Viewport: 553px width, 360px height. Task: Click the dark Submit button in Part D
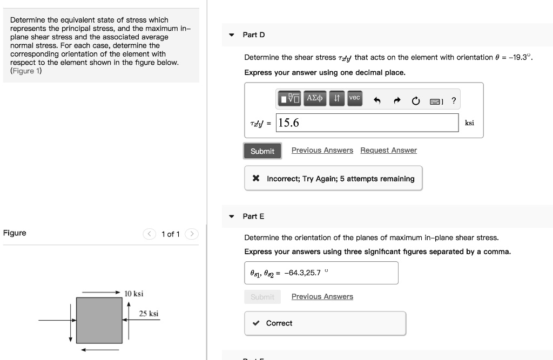click(x=262, y=151)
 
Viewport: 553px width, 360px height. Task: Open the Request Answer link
click(x=388, y=151)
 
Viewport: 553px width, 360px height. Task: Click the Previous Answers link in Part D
click(x=322, y=151)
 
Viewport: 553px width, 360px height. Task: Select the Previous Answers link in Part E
click(x=322, y=297)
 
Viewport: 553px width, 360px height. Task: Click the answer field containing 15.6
click(x=367, y=123)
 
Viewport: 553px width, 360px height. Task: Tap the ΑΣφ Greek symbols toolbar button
click(x=314, y=98)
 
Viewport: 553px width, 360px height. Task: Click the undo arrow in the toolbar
click(x=377, y=100)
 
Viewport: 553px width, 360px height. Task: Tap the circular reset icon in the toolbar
click(x=416, y=100)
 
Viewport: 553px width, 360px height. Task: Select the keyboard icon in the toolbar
click(x=436, y=101)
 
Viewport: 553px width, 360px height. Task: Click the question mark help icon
click(x=454, y=100)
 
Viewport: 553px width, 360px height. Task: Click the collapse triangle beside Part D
click(x=232, y=35)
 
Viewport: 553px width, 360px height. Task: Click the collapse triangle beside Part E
click(x=232, y=216)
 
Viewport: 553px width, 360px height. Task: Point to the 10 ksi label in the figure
click(x=133, y=294)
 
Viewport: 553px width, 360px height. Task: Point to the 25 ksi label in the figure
click(x=149, y=314)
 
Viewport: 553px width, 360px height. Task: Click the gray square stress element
click(x=99, y=320)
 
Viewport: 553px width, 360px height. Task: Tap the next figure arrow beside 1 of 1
click(x=192, y=234)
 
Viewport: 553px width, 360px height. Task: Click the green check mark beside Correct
click(x=256, y=323)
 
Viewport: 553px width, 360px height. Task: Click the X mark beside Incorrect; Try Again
click(x=257, y=179)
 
